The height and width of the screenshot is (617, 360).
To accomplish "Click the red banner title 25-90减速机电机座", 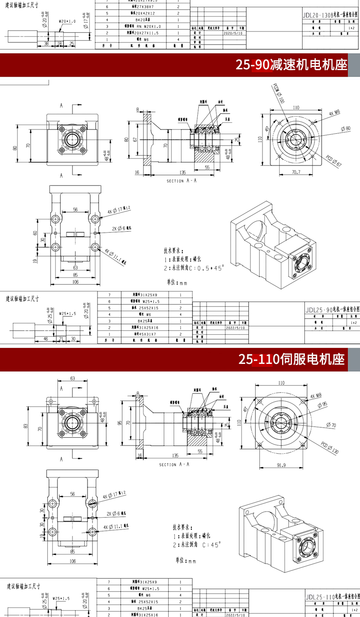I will pyautogui.click(x=291, y=65).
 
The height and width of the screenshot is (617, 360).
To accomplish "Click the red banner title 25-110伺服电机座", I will pyautogui.click(x=293, y=359).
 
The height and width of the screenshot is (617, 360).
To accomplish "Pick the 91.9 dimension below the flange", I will pyautogui.click(x=281, y=465).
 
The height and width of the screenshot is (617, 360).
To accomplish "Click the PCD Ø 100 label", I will pyautogui.click(x=278, y=93).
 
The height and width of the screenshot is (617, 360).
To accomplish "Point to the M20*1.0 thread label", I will pyautogui.click(x=67, y=21).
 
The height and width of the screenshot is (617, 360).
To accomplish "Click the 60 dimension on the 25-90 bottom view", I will pyautogui.click(x=35, y=233).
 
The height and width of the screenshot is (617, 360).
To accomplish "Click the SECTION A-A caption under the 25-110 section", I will pyautogui.click(x=174, y=464).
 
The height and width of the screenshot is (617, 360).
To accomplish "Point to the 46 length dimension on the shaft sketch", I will pyautogui.click(x=46, y=339).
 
